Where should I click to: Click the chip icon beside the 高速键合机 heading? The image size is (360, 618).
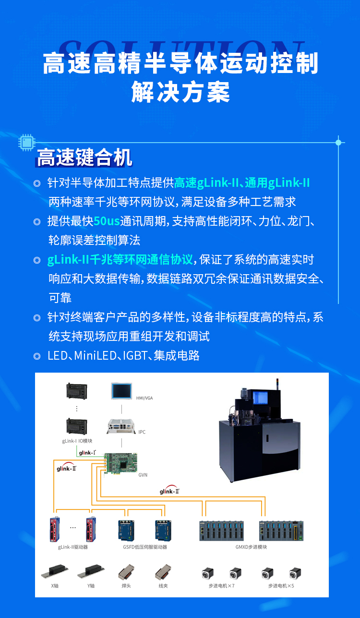coord(27,142)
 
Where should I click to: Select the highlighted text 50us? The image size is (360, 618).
coord(107,221)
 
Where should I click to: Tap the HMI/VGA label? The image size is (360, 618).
coord(144,398)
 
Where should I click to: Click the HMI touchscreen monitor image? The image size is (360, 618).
coord(121,391)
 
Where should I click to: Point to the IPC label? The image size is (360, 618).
coord(142,432)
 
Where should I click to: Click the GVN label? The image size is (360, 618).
coord(143,475)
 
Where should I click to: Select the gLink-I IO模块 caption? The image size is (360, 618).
coord(77,441)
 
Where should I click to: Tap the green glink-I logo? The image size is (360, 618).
coord(87,453)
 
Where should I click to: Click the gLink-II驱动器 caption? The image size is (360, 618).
coord(73,547)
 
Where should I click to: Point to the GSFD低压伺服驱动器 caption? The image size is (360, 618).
coord(145,547)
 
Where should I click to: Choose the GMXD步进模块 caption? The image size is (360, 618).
coord(251,547)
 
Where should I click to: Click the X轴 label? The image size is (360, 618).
coord(55,586)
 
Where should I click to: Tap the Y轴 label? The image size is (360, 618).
coord(91,586)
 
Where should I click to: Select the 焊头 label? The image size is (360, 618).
coord(126,586)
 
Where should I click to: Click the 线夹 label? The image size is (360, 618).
coord(163,586)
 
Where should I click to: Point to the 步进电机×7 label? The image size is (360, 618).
coord(221,586)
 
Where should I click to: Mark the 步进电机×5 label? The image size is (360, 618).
coord(281,586)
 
